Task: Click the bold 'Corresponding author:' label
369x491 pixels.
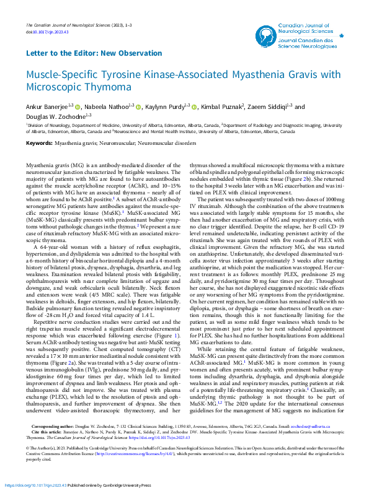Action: coord(47,427)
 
